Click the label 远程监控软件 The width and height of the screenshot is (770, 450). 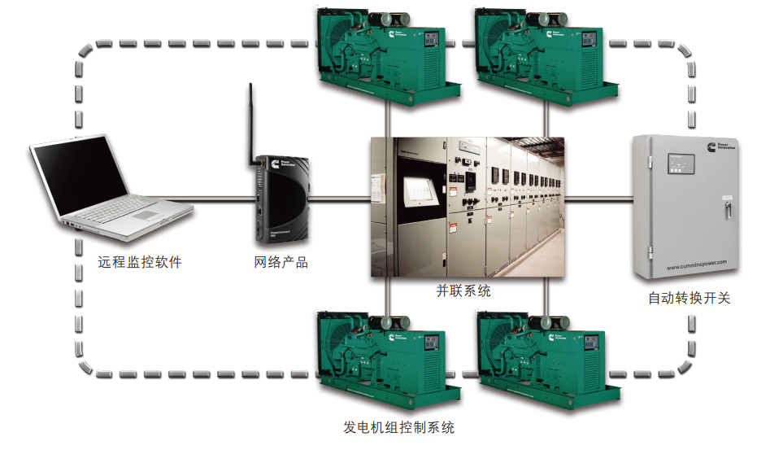(140, 263)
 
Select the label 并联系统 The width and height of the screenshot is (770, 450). (463, 290)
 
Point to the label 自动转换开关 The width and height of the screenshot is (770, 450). (689, 299)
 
